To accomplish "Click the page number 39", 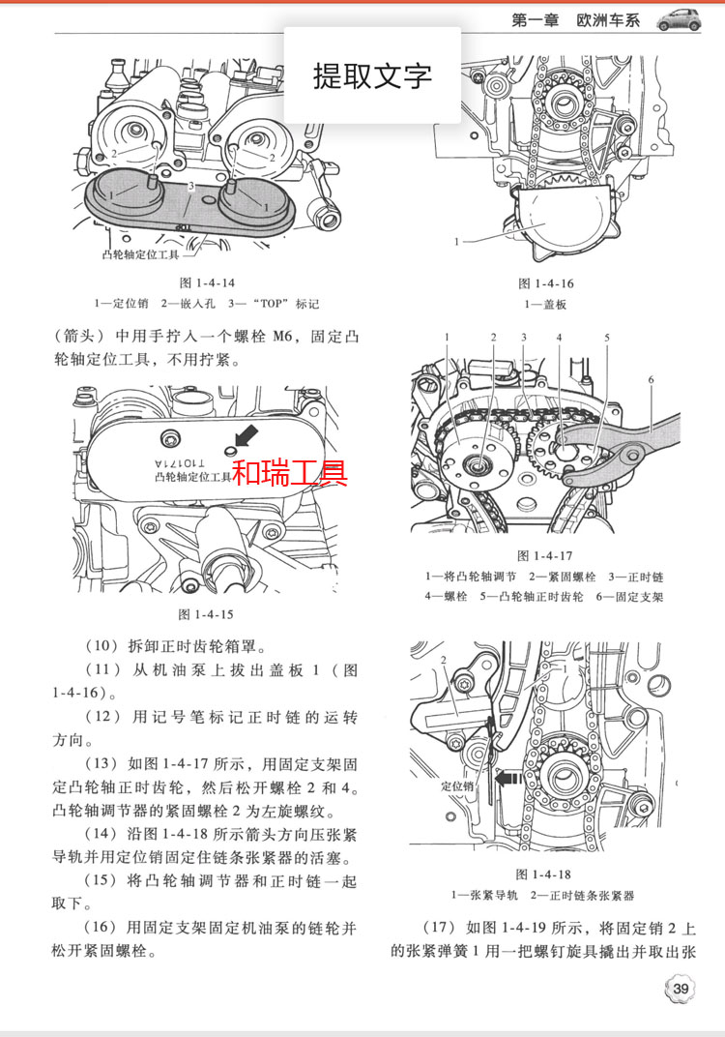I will tap(681, 988).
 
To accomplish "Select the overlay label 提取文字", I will tap(372, 75).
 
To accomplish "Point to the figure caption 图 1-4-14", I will tap(208, 282).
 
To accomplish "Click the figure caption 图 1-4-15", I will tap(206, 614).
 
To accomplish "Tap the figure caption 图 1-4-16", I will tap(546, 283).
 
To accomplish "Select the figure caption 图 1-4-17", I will tap(546, 555).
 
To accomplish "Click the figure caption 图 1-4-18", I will tap(546, 874).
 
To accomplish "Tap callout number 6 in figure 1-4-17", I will tap(652, 380).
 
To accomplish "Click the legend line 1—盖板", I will tap(546, 304).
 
